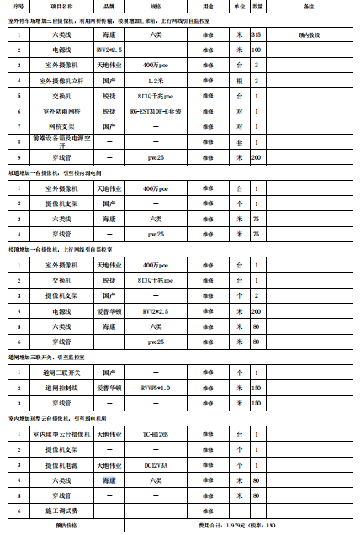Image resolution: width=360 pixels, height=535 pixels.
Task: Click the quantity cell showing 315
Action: pyautogui.click(x=256, y=35)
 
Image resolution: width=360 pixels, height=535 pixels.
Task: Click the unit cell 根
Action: pyautogui.click(x=240, y=81)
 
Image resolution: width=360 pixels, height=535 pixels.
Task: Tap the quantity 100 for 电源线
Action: pyautogui.click(x=256, y=50)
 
